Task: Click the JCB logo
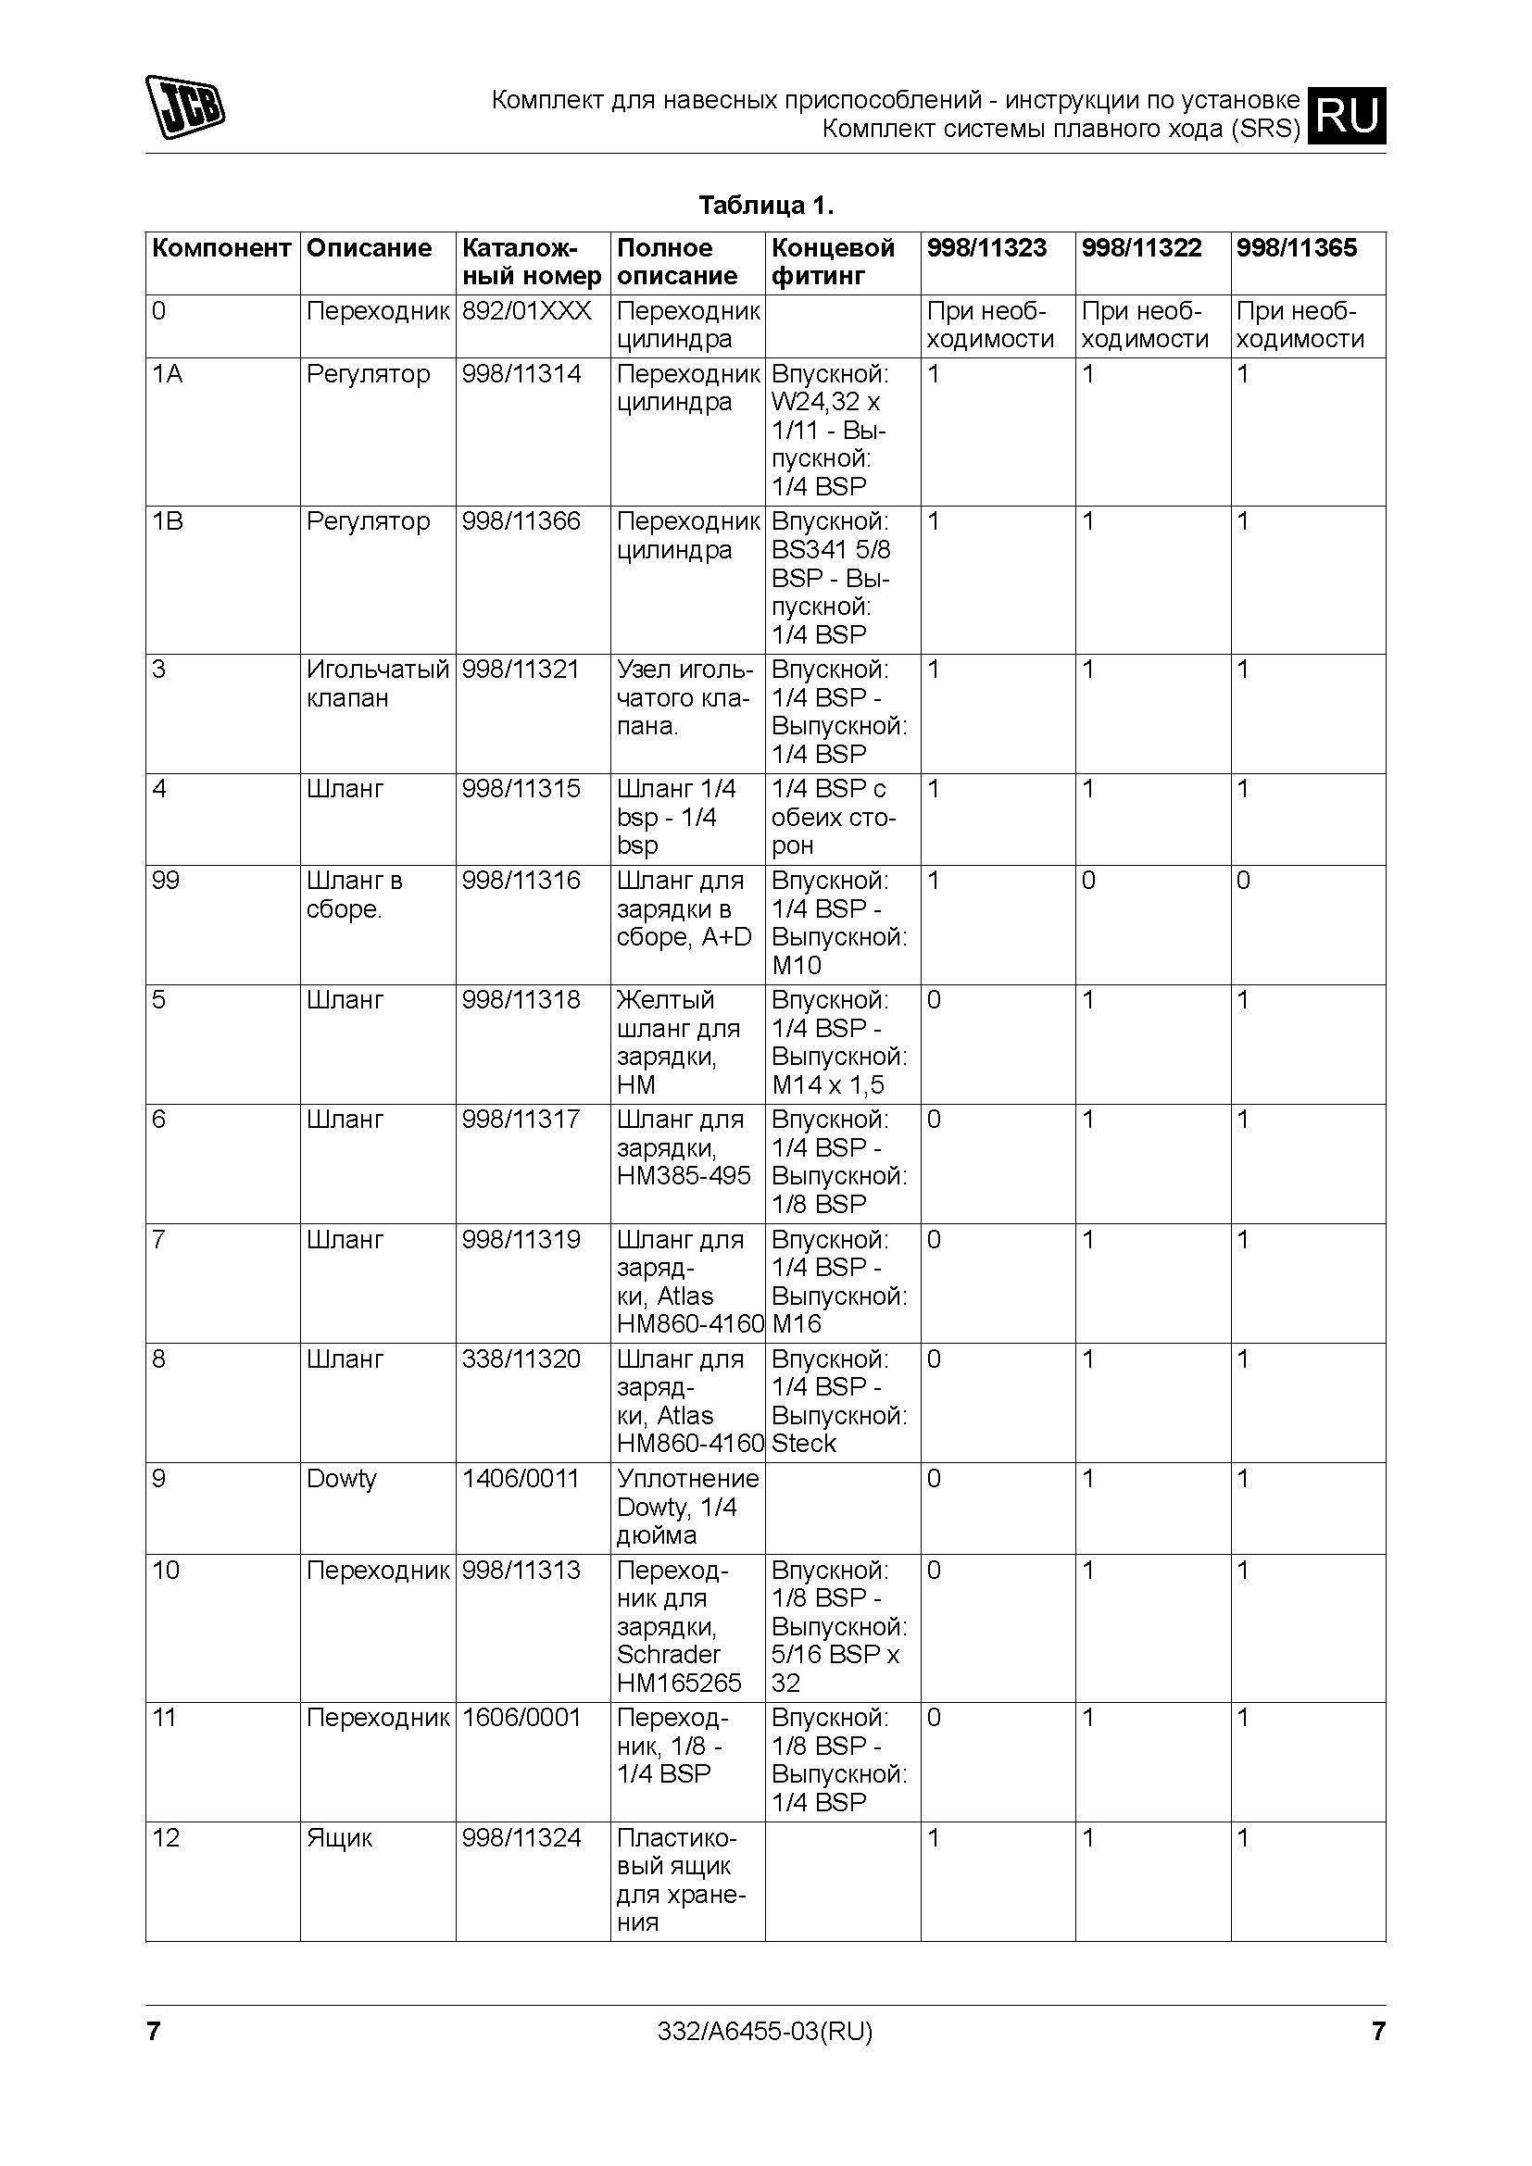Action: click(x=185, y=106)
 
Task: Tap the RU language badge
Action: click(x=1348, y=115)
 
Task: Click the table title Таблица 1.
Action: click(x=765, y=205)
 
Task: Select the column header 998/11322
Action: click(x=1141, y=248)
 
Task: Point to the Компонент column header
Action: click(x=220, y=248)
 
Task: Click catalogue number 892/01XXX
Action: click(x=526, y=311)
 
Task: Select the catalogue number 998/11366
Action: click(x=521, y=521)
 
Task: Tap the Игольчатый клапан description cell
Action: click(x=377, y=684)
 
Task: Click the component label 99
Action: click(x=166, y=881)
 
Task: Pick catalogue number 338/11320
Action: click(x=521, y=1359)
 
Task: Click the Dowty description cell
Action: click(x=342, y=1478)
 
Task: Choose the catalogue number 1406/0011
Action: click(x=520, y=1478)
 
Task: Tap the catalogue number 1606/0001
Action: click(x=521, y=1718)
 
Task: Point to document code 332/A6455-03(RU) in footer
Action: click(x=765, y=2030)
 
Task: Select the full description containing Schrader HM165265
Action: click(x=679, y=1626)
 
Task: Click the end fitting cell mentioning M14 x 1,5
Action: click(x=838, y=1043)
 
